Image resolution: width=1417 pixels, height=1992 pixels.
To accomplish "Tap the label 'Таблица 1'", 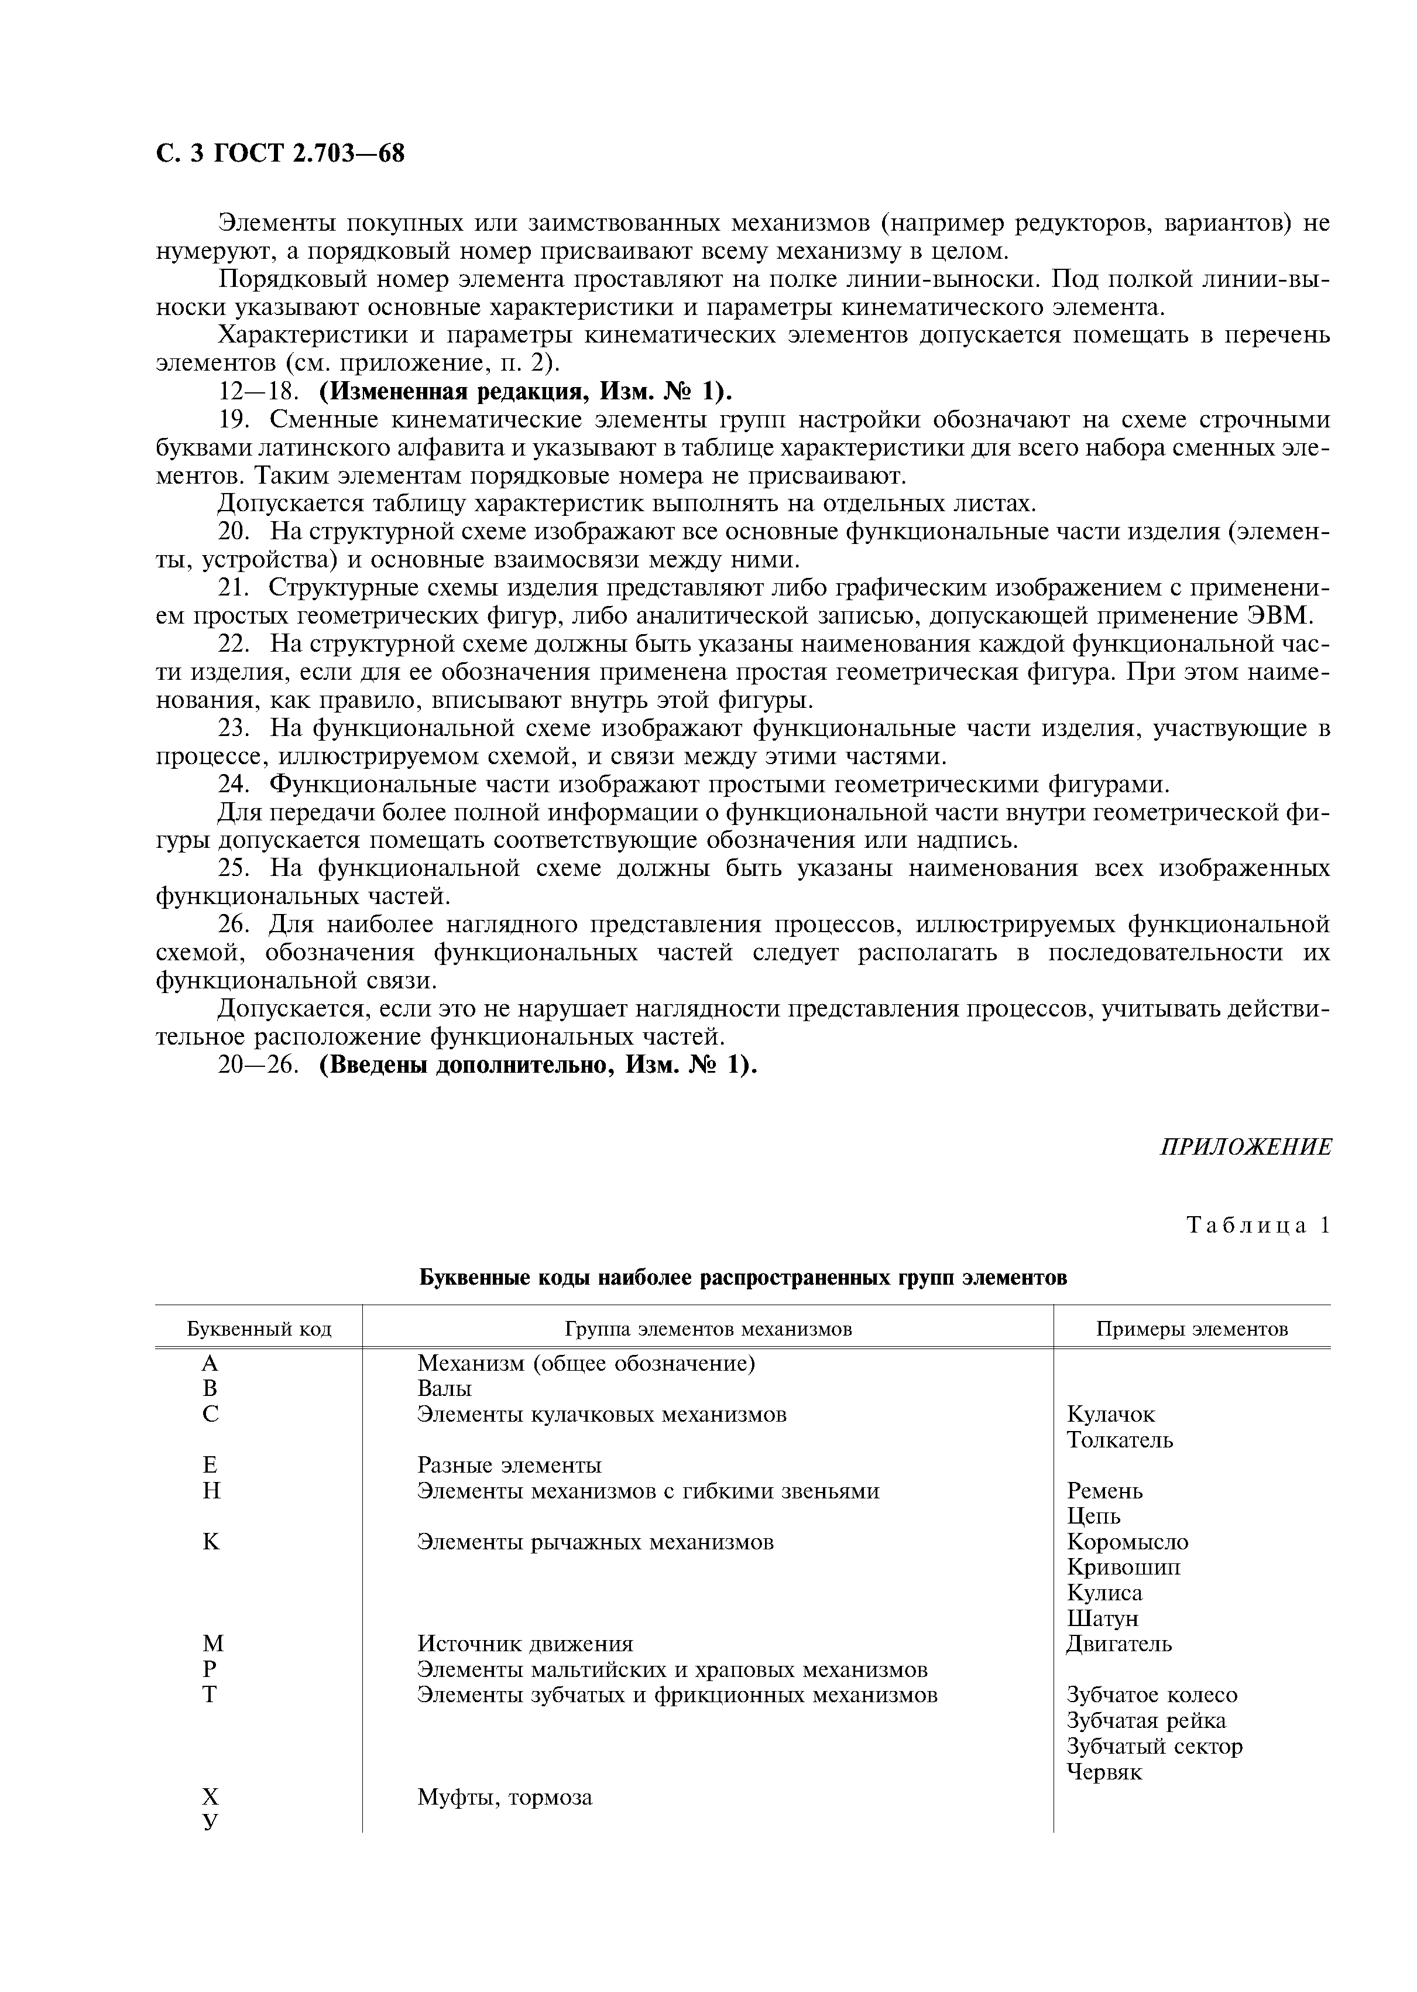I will coord(1259,1226).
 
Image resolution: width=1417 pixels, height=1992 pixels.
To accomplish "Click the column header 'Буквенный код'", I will coord(259,1329).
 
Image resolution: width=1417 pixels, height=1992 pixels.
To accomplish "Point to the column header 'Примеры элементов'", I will coord(1191,1329).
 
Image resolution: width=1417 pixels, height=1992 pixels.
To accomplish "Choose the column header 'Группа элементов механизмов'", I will coord(708,1329).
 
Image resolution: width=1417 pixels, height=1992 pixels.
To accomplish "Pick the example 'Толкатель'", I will coord(1120,1439).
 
